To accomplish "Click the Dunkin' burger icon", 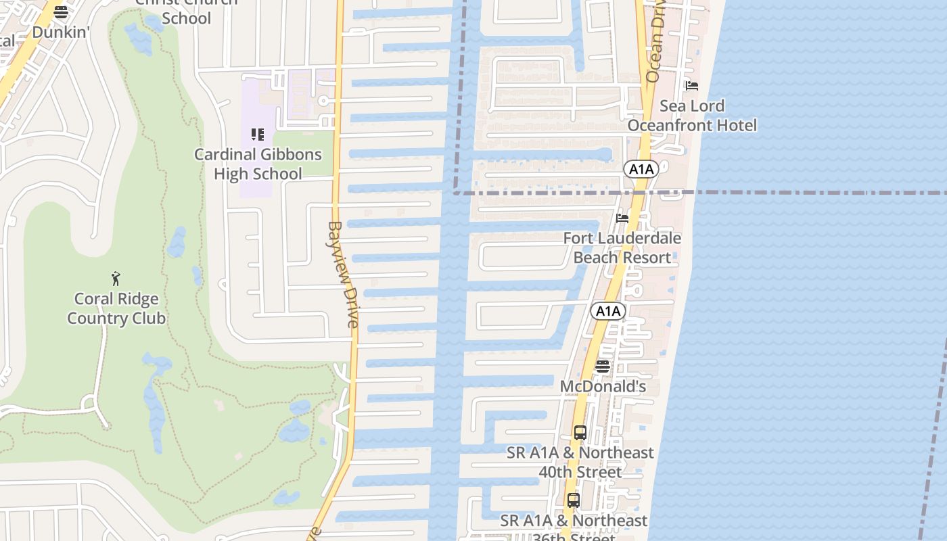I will coord(61,12).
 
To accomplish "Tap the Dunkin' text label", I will coord(61,32).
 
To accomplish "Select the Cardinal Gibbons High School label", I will coord(258,164).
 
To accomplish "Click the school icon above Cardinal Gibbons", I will coord(257,135).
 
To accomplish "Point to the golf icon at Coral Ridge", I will coord(116,278).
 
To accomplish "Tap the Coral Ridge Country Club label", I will coord(116,308).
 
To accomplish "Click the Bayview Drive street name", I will coord(344,275).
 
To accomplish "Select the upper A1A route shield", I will coord(641,169).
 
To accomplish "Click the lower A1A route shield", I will coord(607,311).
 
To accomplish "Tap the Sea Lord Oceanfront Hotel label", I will coord(692,116).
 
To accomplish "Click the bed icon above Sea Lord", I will coord(691,86).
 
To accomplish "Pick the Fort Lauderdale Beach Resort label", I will coord(622,248).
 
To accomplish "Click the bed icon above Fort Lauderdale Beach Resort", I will coord(622,218).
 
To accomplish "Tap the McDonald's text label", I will coord(603,387).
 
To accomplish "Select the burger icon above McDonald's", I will coord(602,367).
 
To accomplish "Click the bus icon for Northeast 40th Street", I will coord(580,433).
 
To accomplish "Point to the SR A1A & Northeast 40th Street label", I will coord(580,462).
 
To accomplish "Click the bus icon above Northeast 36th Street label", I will coord(574,500).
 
